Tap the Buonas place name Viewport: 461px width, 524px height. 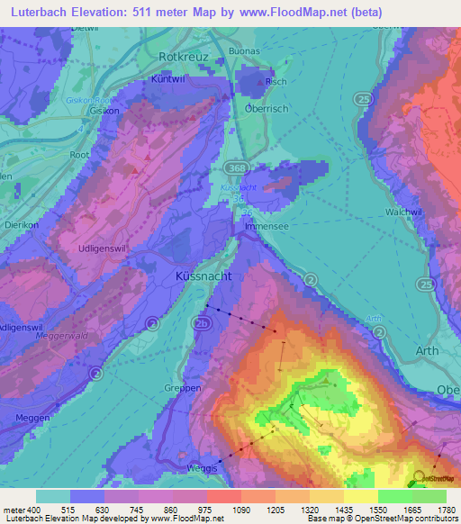[x=269, y=51]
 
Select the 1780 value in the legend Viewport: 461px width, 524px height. [x=445, y=510]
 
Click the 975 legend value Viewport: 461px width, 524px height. [x=204, y=510]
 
